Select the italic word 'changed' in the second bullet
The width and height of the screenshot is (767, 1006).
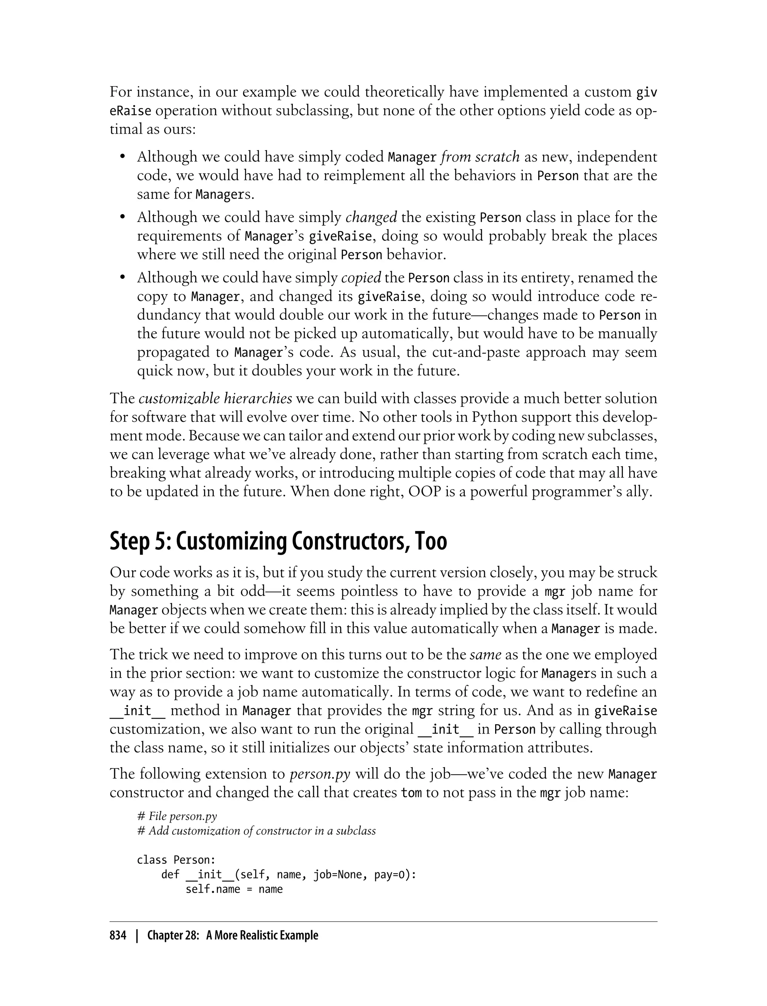[x=371, y=217]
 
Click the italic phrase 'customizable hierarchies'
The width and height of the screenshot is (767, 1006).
[x=215, y=398]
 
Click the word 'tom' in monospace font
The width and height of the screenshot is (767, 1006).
[x=411, y=793]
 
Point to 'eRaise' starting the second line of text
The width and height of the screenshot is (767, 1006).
[x=130, y=111]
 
